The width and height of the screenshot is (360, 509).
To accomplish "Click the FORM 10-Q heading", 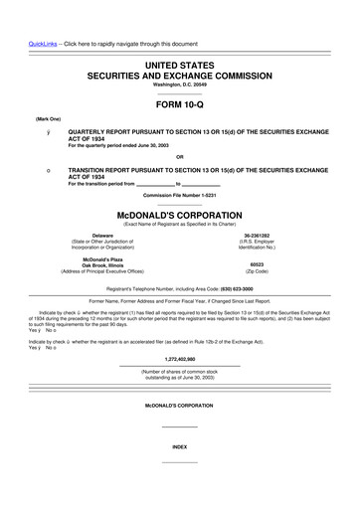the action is pyautogui.click(x=179, y=103).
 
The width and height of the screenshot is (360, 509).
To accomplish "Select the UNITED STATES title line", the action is pyautogui.click(x=179, y=65).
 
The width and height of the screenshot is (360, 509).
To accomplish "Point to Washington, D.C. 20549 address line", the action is pyautogui.click(x=179, y=84).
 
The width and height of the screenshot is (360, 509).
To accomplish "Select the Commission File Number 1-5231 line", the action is pyautogui.click(x=179, y=194).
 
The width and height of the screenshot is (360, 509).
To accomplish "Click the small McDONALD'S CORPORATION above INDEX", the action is pyautogui.click(x=179, y=407).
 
